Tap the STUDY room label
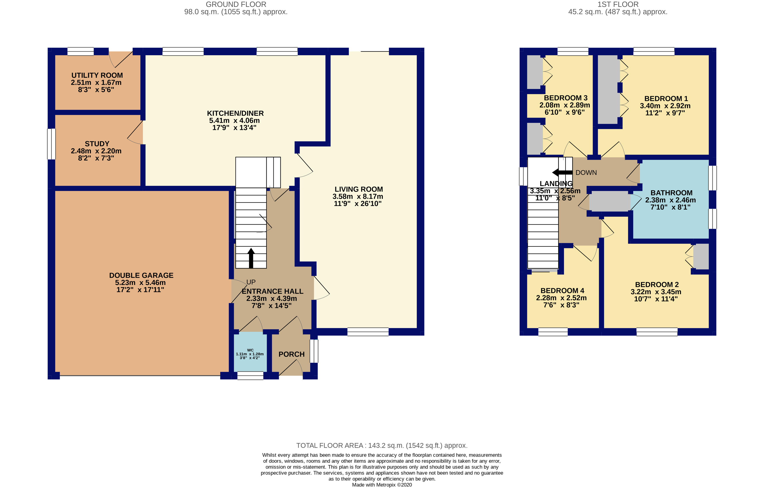click(x=97, y=144)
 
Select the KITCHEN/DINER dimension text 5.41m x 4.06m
click(x=234, y=121)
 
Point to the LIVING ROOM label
click(x=359, y=189)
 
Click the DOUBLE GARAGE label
click(x=141, y=275)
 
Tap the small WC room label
click(x=250, y=350)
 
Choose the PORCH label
click(x=291, y=354)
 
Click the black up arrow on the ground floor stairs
click(x=251, y=258)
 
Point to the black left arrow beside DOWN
click(x=562, y=172)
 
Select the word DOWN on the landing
click(x=586, y=172)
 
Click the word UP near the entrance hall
click(x=251, y=282)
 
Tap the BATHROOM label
click(x=671, y=193)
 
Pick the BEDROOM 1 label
click(x=666, y=99)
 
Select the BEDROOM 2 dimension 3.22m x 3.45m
click(x=656, y=292)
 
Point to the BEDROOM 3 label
click(x=566, y=98)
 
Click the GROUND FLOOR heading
click(x=236, y=4)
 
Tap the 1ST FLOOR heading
click(x=618, y=4)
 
